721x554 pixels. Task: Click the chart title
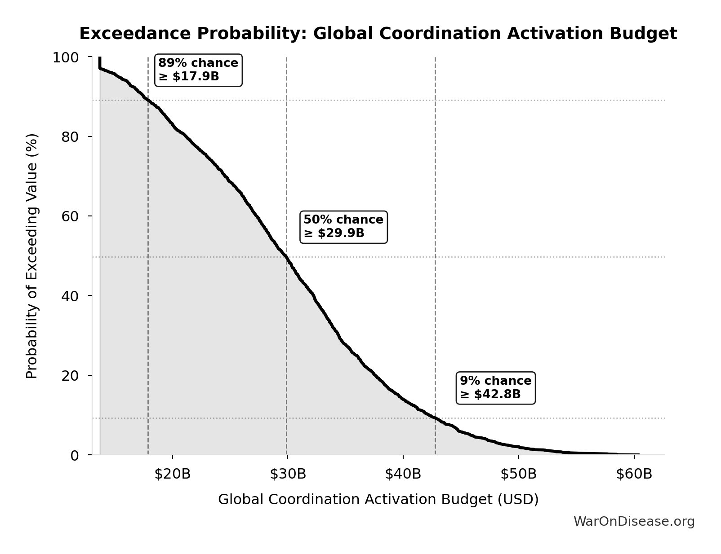click(378, 34)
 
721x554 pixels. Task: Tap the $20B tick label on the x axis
click(173, 474)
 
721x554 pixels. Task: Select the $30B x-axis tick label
click(288, 474)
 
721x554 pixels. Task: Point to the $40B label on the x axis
click(403, 474)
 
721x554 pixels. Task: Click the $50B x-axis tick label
click(519, 474)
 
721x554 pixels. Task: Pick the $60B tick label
click(634, 474)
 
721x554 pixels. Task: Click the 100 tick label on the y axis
click(66, 57)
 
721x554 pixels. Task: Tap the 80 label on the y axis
click(70, 137)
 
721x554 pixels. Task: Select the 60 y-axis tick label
click(70, 216)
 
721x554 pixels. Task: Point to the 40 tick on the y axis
click(70, 296)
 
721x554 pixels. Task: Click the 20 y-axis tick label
click(70, 375)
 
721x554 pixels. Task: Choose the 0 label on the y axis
click(75, 455)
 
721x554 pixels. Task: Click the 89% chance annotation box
click(198, 70)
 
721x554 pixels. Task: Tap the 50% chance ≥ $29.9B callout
click(343, 227)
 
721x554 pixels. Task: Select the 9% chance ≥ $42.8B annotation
click(495, 388)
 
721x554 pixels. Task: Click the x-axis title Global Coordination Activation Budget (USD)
click(378, 500)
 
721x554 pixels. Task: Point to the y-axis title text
click(32, 256)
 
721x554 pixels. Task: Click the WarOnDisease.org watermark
click(634, 522)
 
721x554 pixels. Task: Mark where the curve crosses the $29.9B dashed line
click(286, 257)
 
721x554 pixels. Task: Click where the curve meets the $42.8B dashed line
click(435, 418)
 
